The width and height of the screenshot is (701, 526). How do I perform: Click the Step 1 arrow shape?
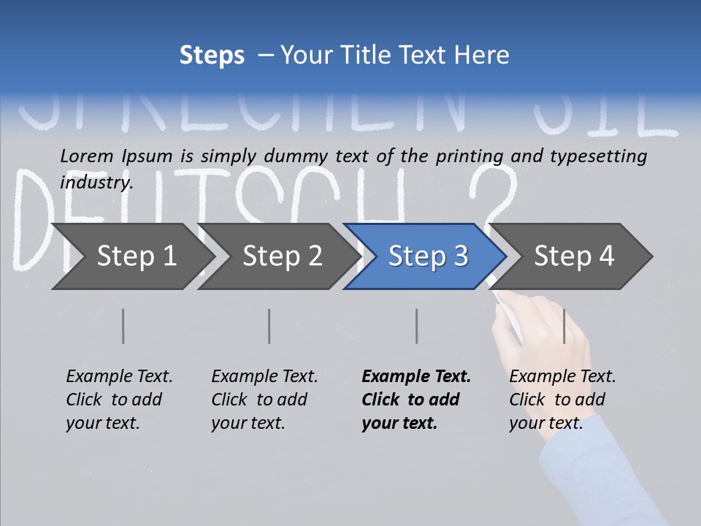131,256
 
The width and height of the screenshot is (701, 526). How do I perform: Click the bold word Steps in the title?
212,55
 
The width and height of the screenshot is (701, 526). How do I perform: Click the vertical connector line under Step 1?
123,326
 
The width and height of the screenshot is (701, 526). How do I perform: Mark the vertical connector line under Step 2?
269,326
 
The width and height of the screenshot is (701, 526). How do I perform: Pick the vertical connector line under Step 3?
417,326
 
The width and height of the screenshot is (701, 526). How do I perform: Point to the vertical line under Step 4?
564,326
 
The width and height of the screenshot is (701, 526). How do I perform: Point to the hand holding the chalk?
540,336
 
